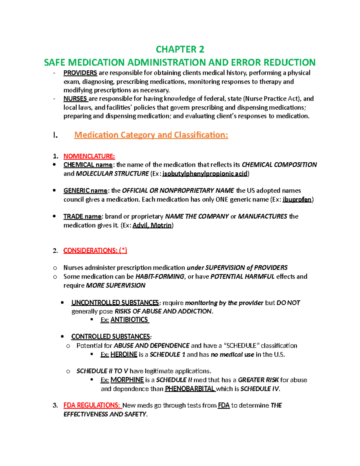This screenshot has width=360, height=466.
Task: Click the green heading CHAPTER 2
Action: [x=180, y=49]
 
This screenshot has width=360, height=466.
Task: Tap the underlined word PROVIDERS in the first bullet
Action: [x=80, y=73]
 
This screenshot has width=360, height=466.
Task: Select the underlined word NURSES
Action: [x=75, y=99]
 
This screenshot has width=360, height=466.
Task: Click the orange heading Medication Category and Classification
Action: [x=151, y=135]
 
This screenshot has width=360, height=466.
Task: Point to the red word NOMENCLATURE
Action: [x=89, y=156]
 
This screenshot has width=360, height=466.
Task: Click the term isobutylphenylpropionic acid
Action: [x=205, y=174]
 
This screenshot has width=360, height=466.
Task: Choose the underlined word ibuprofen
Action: [x=297, y=200]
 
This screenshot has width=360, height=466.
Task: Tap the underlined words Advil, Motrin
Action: [x=152, y=225]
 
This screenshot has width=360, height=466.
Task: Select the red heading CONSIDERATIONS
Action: [x=95, y=251]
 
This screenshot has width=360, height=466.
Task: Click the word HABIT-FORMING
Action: [x=160, y=277]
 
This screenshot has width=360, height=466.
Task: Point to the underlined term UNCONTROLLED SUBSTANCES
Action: [x=115, y=303]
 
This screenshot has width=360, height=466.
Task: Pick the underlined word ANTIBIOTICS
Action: [x=129, y=320]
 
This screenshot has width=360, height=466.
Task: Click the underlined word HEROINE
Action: [x=124, y=355]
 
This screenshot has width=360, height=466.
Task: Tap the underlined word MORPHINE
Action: [x=127, y=380]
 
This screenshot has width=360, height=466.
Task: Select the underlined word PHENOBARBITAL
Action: [x=190, y=389]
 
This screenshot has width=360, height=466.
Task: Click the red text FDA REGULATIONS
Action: [x=91, y=405]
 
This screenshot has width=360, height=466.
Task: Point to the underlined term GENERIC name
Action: [x=85, y=191]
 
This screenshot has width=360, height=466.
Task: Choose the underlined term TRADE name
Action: [x=82, y=217]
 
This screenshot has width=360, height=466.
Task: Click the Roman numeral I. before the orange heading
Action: [x=55, y=135]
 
